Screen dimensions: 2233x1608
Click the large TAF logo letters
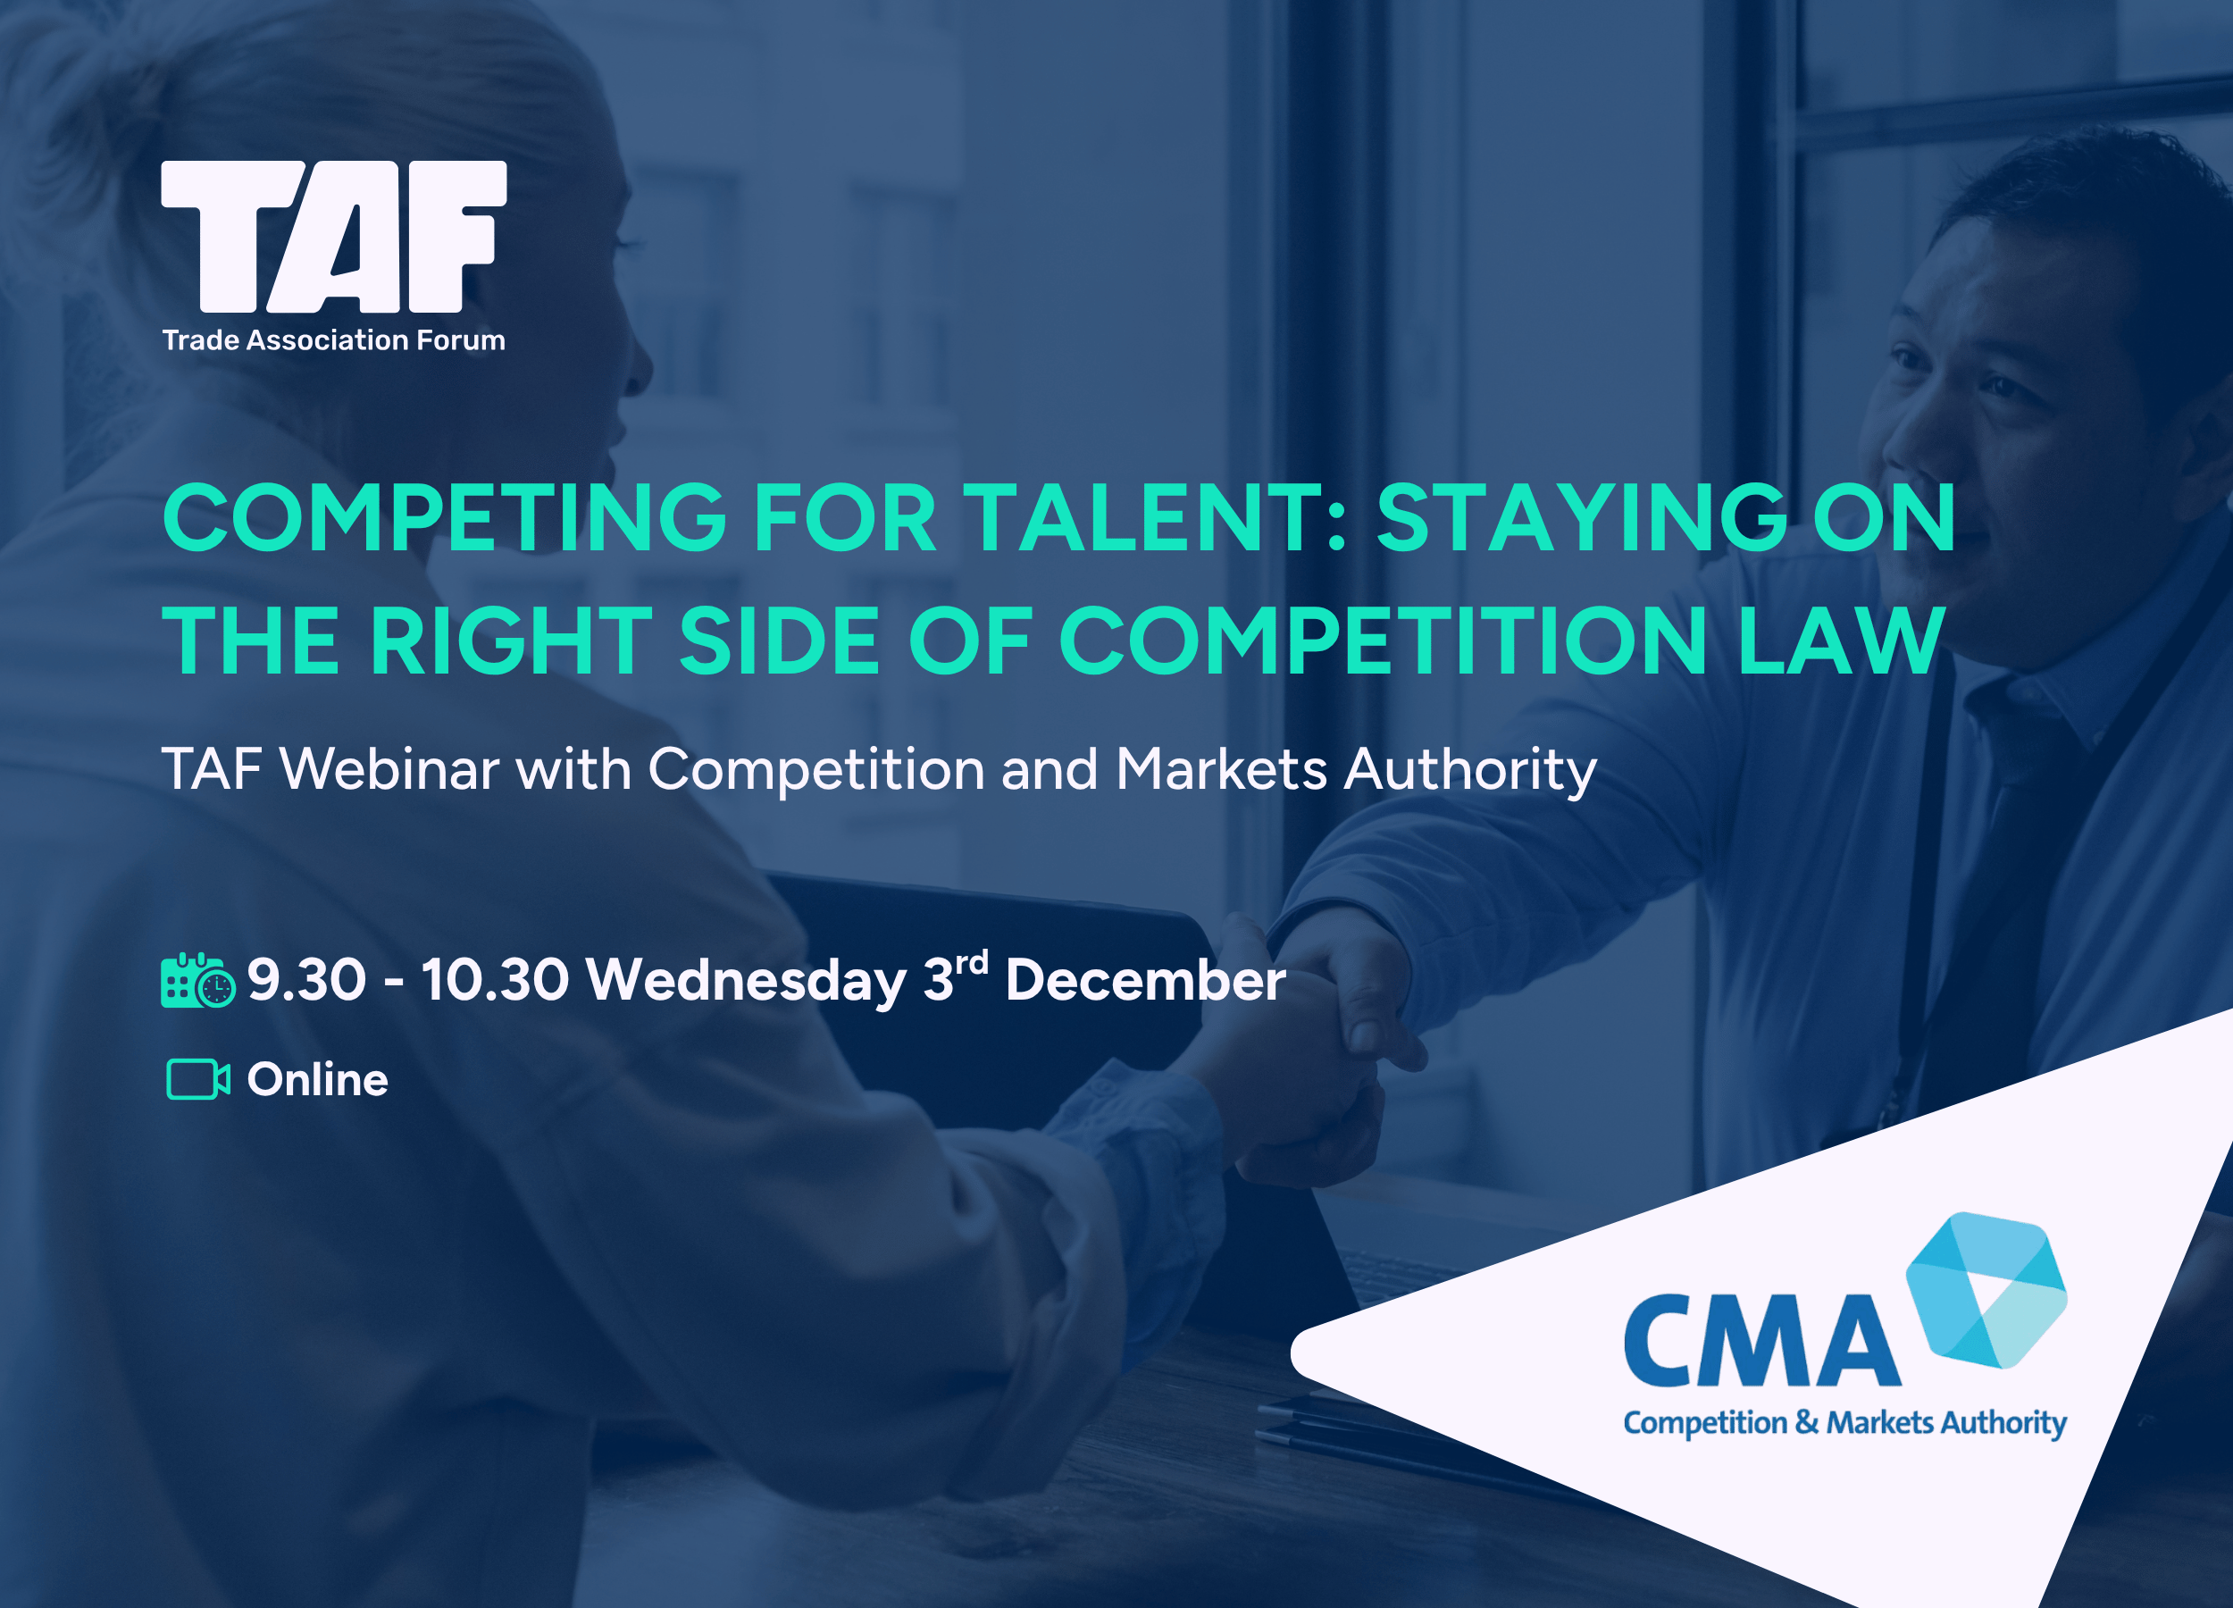[334, 237]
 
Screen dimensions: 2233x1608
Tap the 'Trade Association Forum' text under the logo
[334, 340]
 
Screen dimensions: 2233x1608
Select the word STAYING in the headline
[1581, 518]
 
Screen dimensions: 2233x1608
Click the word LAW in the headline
[1841, 641]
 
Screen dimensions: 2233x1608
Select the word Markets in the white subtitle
[1222, 768]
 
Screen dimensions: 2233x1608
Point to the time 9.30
[306, 980]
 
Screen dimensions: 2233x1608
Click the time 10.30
[495, 980]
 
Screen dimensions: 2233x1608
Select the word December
[1145, 980]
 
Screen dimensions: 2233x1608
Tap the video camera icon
[198, 1079]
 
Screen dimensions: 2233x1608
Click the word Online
[317, 1079]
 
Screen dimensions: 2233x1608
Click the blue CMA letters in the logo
[1761, 1341]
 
